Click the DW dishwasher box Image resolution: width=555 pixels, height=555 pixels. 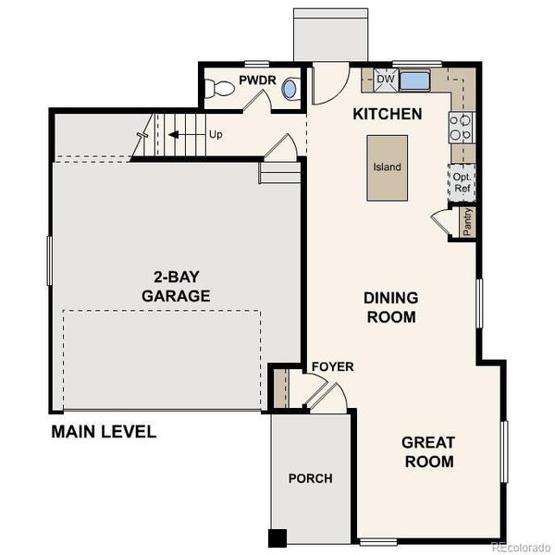tap(386, 80)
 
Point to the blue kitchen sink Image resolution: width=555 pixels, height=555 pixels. tap(415, 80)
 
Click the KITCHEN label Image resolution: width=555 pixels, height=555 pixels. tap(388, 115)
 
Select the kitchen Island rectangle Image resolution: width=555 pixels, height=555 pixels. tap(387, 167)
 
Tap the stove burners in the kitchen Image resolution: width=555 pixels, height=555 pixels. tap(460, 127)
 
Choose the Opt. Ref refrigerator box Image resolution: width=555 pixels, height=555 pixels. tap(461, 182)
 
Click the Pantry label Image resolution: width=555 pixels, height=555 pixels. tap(468, 223)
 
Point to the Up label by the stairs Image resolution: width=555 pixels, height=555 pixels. tap(216, 135)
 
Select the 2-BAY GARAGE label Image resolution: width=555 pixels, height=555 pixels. tap(176, 286)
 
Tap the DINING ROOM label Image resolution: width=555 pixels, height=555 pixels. tap(390, 307)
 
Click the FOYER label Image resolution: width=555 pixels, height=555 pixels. tap(332, 367)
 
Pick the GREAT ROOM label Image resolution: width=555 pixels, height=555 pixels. tap(427, 451)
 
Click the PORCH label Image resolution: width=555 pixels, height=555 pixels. tap(310, 478)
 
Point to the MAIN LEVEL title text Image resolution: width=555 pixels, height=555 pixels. tap(104, 431)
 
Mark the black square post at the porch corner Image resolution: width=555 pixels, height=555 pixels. tap(277, 537)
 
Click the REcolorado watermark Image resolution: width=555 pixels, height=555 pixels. tap(520, 547)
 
